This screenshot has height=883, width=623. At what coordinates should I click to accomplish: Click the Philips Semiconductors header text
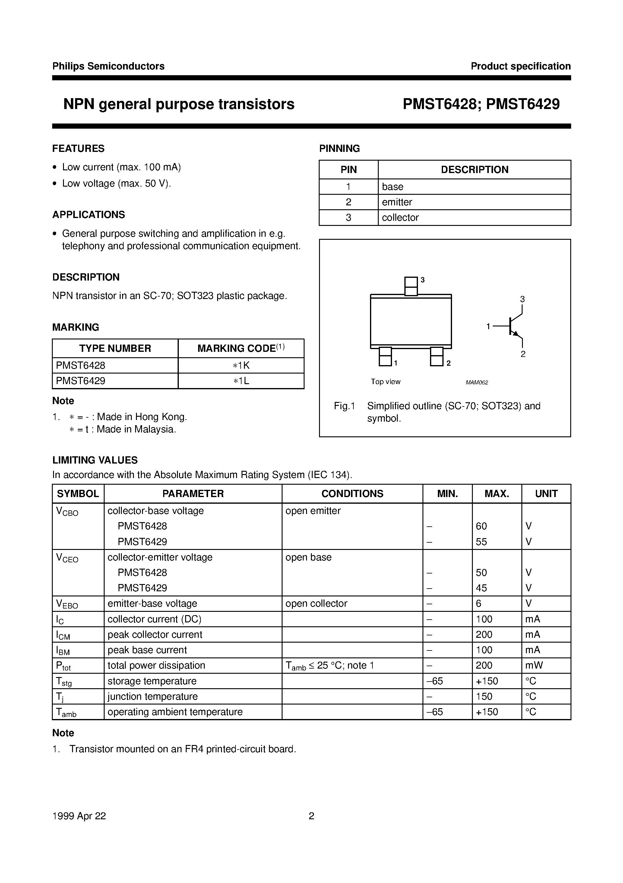click(108, 66)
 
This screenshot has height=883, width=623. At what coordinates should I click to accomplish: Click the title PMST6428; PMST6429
click(481, 104)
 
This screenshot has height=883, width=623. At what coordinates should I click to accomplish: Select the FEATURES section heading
click(78, 149)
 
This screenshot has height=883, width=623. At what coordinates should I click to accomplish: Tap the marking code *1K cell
click(241, 365)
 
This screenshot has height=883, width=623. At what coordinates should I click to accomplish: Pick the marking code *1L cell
click(241, 381)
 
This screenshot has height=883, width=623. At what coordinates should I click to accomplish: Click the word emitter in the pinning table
click(397, 202)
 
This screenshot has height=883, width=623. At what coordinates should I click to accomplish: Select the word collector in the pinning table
click(400, 217)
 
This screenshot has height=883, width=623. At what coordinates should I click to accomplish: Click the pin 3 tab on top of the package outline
click(411, 286)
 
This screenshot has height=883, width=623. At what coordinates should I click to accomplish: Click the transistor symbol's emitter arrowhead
click(517, 333)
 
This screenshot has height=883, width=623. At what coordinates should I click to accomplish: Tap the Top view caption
click(385, 381)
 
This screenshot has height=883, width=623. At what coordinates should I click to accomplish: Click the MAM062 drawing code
click(477, 382)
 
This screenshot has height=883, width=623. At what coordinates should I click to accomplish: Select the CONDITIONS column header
click(352, 493)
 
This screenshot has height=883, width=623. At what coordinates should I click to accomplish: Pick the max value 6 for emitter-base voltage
click(479, 603)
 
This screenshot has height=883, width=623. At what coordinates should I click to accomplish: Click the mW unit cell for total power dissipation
click(534, 665)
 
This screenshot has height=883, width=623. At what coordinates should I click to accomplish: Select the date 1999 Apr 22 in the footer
click(79, 816)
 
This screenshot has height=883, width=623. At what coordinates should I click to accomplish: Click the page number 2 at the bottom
click(311, 816)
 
